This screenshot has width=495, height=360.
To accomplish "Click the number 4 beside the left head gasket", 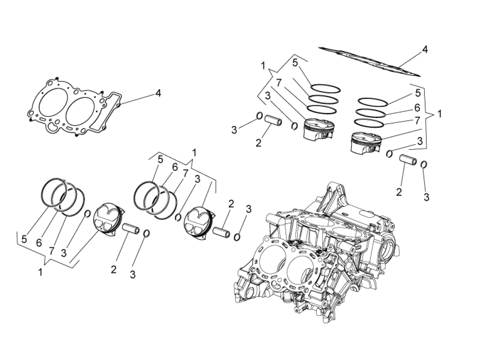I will coord(158,93).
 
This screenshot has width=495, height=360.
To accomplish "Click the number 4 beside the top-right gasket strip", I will coord(424,49).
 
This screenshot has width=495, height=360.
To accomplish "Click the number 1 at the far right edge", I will coord(439,114).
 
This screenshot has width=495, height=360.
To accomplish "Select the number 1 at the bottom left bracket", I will coord(40,272).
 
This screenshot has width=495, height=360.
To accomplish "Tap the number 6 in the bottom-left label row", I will coord(39,242).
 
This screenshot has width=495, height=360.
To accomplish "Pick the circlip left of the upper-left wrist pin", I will coord(259,116).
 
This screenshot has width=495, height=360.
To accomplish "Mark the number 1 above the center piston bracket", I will coord(194,153).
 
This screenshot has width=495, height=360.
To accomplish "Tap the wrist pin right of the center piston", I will coord(221,233).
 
